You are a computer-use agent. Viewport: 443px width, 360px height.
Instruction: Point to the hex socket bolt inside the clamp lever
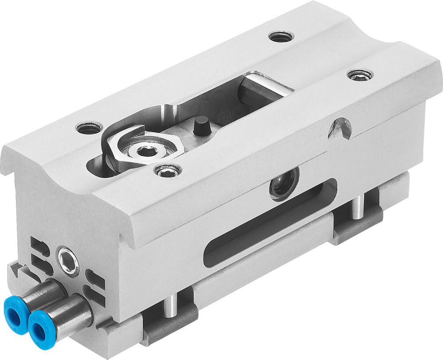tap(145, 152)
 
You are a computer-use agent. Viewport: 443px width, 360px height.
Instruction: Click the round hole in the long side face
tap(284, 182)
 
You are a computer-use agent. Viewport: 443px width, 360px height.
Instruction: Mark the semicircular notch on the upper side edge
tap(340, 128)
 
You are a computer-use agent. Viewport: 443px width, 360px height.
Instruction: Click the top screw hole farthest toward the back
tap(281, 36)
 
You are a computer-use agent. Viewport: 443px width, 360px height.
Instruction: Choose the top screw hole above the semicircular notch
tap(359, 75)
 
